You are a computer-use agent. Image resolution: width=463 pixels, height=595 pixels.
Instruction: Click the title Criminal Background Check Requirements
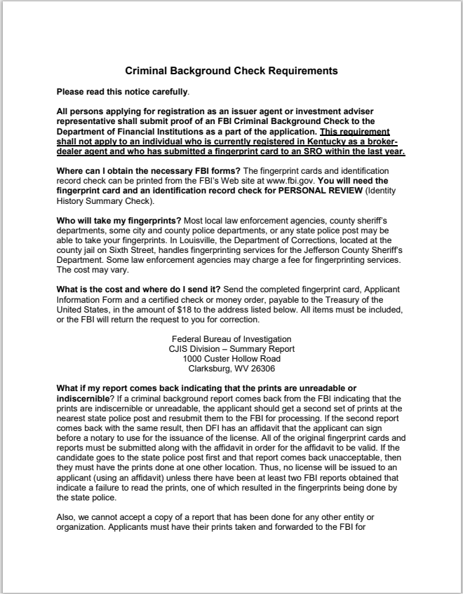tap(231, 71)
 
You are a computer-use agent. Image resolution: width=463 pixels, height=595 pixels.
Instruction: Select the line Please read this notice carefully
tap(123, 91)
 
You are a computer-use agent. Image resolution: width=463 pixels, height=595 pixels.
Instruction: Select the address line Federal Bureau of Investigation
tap(231, 338)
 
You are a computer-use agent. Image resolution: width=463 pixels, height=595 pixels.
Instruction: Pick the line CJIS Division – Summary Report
tap(231, 348)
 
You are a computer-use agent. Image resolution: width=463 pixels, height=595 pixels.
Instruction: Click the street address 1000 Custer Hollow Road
tap(231, 358)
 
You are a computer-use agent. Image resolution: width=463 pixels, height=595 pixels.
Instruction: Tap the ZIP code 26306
tap(261, 368)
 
